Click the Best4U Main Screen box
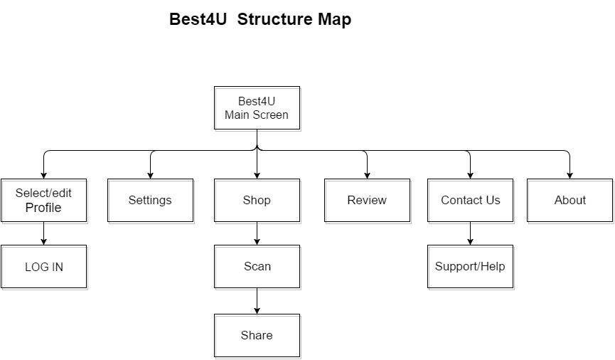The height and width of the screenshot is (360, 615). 257,108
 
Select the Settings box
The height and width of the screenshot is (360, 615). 150,201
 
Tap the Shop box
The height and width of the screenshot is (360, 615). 257,201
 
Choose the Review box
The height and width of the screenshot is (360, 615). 367,201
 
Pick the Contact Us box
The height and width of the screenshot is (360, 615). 470,201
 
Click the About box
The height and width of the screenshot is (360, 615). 570,201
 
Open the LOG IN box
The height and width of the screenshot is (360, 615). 43,267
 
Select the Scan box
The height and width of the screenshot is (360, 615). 257,267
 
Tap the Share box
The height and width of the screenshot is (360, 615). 257,336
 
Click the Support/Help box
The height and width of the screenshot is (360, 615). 470,267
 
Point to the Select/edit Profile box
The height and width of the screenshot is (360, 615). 43,201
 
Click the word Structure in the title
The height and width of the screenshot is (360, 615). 274,19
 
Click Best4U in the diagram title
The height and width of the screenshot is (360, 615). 198,19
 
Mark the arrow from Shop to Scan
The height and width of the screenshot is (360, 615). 257,233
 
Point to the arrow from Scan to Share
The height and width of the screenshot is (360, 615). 257,301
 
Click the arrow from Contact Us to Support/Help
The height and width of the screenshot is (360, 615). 470,233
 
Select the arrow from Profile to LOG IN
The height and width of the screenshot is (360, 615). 43,233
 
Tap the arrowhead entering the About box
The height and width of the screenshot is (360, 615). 570,176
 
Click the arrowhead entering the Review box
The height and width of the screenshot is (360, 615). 367,176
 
